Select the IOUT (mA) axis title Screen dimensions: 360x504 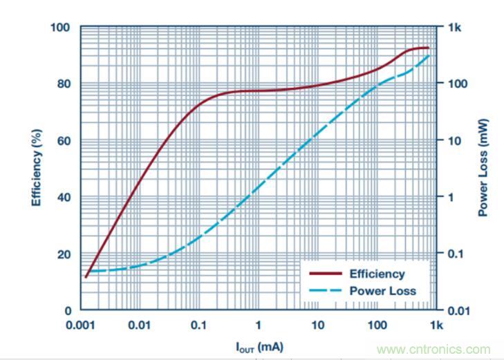tap(257, 345)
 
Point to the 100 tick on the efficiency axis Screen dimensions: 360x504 tap(61, 28)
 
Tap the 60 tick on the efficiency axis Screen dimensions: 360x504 tap(64, 141)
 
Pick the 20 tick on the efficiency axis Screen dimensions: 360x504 tap(64, 254)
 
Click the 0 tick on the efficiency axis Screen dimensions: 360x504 tap(68, 311)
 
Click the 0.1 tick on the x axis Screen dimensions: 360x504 tap(198, 325)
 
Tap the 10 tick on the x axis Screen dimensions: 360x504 tap(317, 325)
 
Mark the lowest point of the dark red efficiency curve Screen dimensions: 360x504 tap(86, 277)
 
